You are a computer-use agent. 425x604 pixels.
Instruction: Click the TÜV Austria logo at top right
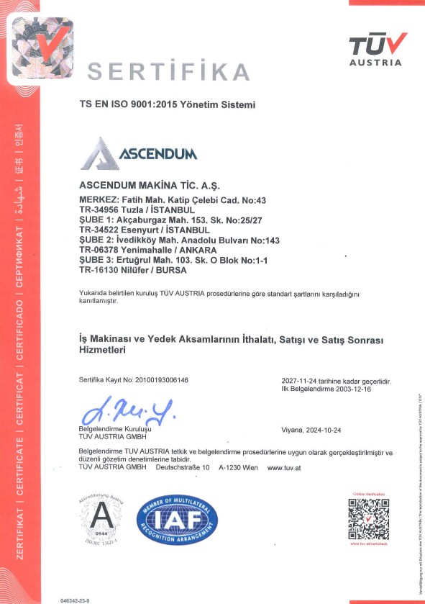[x=375, y=50]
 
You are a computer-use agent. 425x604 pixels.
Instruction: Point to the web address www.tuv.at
[x=283, y=467]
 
